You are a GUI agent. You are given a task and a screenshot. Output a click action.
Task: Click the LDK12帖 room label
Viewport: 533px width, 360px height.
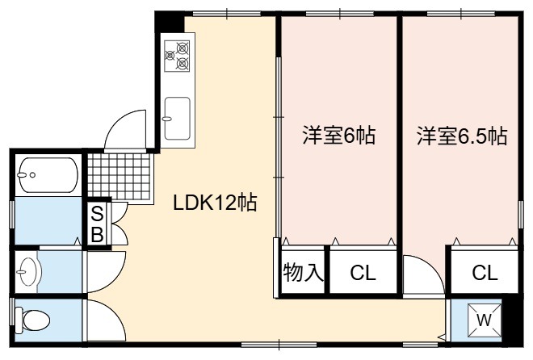click(215, 203)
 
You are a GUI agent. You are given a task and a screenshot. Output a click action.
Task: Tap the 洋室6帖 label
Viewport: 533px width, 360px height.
click(339, 135)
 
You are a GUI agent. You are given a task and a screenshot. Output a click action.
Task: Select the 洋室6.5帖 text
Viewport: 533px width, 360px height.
click(462, 136)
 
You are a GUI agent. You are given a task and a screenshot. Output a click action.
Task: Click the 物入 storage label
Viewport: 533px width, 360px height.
click(303, 272)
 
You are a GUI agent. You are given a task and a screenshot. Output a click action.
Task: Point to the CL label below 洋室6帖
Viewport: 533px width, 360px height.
click(363, 272)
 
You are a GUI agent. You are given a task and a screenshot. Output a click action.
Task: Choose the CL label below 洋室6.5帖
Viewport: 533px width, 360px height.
click(485, 272)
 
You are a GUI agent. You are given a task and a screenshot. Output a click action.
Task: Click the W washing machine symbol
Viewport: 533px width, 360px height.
click(484, 320)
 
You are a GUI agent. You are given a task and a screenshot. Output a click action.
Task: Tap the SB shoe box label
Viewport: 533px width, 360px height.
click(97, 224)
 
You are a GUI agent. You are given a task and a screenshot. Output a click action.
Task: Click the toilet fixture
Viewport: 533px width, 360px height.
click(32, 320)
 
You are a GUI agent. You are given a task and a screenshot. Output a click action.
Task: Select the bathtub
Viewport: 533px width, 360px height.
click(48, 175)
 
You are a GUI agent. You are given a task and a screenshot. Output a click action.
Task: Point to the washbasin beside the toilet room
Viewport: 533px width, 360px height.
click(29, 272)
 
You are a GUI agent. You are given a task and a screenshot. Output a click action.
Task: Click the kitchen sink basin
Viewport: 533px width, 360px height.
click(177, 119)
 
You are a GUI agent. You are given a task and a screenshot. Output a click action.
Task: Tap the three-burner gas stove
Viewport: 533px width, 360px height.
click(177, 56)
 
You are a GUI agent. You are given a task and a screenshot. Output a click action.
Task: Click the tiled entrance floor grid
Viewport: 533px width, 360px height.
click(119, 177)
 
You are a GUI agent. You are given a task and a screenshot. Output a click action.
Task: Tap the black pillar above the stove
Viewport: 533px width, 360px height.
click(170, 23)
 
